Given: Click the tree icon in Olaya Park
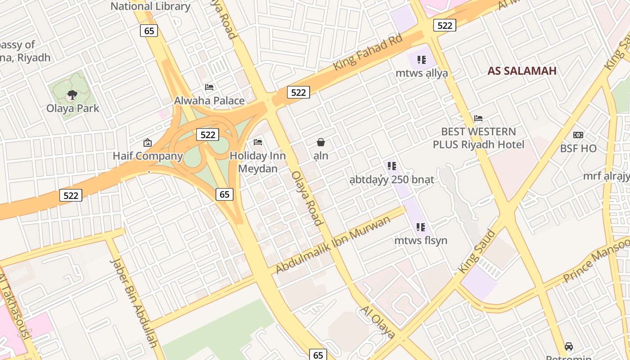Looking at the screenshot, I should pyautogui.click(x=72, y=95).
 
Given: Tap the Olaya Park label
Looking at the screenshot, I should pyautogui.click(x=73, y=108).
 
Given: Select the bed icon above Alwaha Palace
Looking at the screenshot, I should pyautogui.click(x=209, y=87).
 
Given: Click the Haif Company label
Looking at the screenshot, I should pyautogui.click(x=148, y=156).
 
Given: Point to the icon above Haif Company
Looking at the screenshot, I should pyautogui.click(x=147, y=143).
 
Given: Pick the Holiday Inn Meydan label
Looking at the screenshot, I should pyautogui.click(x=257, y=162).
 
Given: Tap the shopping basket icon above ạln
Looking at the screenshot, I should pyautogui.click(x=321, y=143).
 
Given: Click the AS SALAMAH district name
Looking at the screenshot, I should pyautogui.click(x=522, y=71).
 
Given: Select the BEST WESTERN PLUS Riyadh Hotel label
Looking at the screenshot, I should pyautogui.click(x=478, y=138).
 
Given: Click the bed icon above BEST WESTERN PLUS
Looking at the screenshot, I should pyautogui.click(x=478, y=118).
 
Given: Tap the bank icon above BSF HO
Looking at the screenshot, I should pyautogui.click(x=578, y=135).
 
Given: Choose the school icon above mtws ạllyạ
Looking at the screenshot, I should pyautogui.click(x=421, y=60).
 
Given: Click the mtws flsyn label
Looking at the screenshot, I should pyautogui.click(x=421, y=240).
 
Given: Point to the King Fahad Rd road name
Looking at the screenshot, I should pyautogui.click(x=368, y=53).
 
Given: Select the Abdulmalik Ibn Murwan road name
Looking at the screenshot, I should pyautogui.click(x=333, y=245).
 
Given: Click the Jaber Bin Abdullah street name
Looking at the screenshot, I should pyautogui.click(x=134, y=303).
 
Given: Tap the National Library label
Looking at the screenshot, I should pyautogui.click(x=150, y=6).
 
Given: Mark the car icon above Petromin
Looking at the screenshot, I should pyautogui.click(x=569, y=346).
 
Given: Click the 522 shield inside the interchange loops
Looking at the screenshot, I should pyautogui.click(x=207, y=135).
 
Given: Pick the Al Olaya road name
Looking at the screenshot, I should pyautogui.click(x=377, y=322).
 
